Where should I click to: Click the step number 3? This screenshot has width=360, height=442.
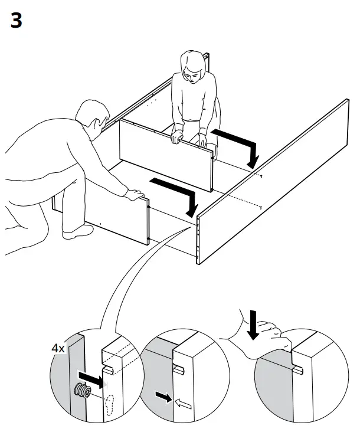16,21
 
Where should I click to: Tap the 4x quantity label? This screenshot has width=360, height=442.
58,348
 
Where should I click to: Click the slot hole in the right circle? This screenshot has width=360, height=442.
297,371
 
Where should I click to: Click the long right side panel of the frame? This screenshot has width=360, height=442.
277,183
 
